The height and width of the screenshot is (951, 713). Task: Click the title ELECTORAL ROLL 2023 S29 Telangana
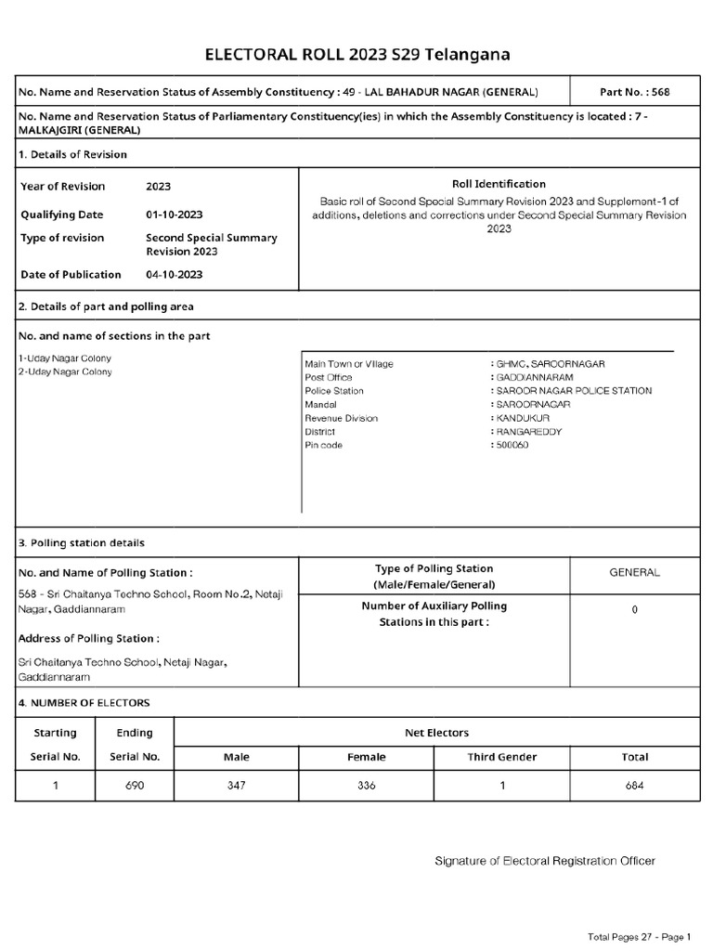356,55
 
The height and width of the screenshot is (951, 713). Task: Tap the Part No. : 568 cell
635,93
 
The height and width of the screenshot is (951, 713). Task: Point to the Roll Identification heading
499,184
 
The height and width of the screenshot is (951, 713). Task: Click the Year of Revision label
63,186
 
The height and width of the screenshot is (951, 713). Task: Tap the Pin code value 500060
511,446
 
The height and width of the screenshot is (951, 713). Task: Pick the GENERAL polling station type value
634,573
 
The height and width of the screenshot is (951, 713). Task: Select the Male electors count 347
237,786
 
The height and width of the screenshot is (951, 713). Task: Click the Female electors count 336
367,786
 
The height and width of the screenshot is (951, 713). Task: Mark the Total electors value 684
634,786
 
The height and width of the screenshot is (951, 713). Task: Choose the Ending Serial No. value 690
135,786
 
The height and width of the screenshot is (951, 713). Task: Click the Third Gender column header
502,757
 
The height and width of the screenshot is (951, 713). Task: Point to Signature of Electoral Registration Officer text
545,861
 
